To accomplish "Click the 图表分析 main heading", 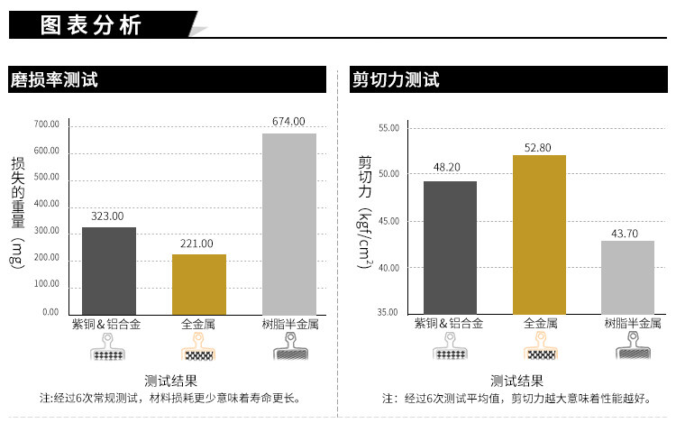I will (91, 25).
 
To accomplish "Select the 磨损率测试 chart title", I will (54, 80).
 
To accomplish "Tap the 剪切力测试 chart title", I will (396, 80).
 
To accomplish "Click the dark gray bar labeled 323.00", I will (109, 270).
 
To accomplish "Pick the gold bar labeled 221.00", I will (199, 283).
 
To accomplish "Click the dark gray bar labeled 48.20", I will (450, 246).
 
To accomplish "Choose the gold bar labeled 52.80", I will (540, 234).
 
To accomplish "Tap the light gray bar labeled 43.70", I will (628, 276).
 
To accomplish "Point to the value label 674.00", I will (289, 122).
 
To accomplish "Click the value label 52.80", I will (540, 148).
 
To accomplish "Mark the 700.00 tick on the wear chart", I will (47, 124).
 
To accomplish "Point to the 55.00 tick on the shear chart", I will (388, 128).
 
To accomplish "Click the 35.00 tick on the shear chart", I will (388, 313).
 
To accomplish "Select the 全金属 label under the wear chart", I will (198, 323).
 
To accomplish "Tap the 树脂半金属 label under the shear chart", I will (632, 323).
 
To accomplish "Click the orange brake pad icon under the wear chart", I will (198, 346).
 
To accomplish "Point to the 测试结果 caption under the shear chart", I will (516, 380).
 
